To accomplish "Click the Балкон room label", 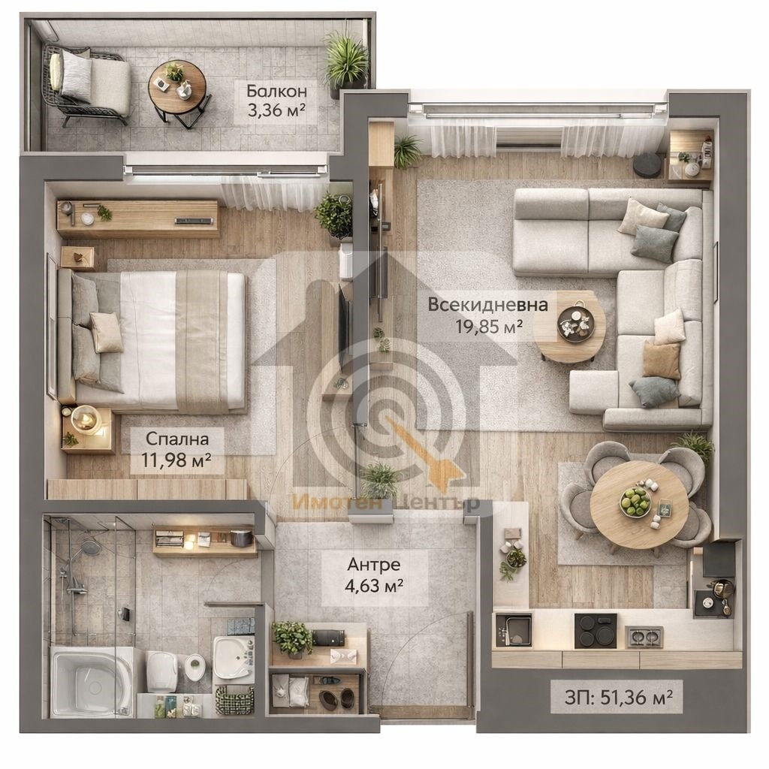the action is (276, 91).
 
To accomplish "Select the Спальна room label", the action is (177, 439).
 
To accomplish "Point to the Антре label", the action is (374, 564).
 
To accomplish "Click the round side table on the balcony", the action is (177, 89).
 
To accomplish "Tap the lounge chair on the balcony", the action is (87, 84).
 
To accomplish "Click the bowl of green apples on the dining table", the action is (635, 501).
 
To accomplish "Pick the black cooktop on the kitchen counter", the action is (596, 630).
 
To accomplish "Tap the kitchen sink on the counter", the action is (514, 630).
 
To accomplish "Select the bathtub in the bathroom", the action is (92, 680).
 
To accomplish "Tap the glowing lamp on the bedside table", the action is (84, 418).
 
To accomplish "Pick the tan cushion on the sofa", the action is (662, 360).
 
